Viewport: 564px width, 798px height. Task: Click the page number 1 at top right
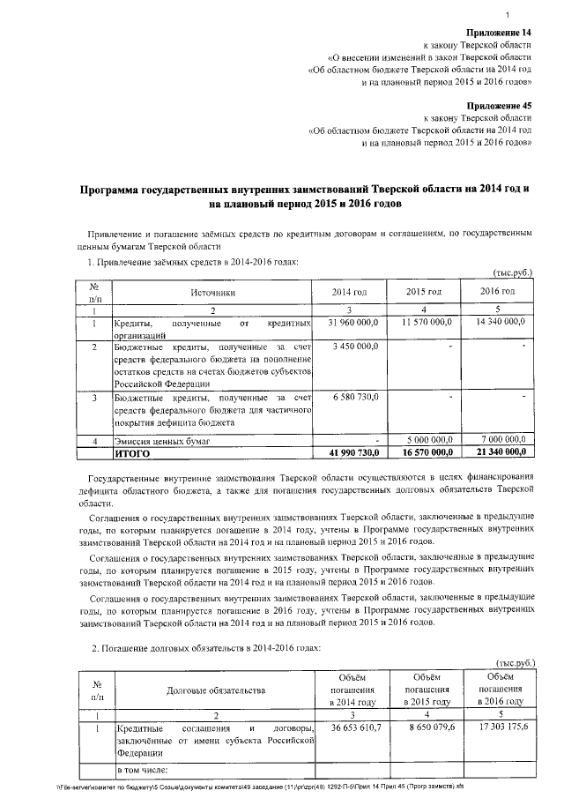(x=533, y=11)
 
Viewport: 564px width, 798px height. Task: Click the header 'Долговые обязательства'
(x=212, y=690)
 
